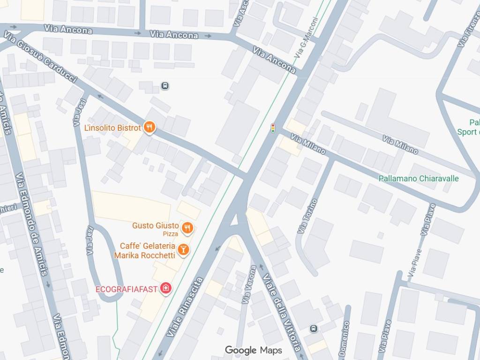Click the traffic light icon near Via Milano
[273, 128]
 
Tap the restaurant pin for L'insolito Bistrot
[150, 127]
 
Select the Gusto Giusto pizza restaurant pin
[187, 228]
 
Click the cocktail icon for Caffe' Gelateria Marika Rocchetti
[184, 249]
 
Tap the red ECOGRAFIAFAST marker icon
[165, 288]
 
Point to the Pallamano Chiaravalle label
[419, 179]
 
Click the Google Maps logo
[253, 350]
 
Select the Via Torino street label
[307, 216]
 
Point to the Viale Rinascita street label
[185, 307]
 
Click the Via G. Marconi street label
[307, 38]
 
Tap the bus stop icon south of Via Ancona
[165, 86]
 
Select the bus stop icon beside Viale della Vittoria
[314, 329]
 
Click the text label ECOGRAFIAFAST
[127, 289]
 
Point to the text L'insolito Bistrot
[112, 128]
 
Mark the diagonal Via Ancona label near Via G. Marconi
[274, 60]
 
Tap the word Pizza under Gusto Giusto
[170, 234]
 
